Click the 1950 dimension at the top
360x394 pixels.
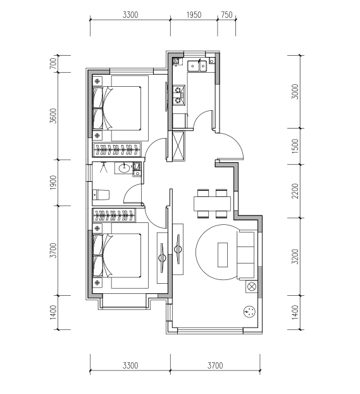tap(194, 15)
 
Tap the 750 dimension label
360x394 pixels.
tap(227, 15)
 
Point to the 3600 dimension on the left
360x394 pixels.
tap(53, 116)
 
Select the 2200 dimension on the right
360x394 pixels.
tap(295, 191)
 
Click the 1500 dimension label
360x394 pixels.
tap(295, 146)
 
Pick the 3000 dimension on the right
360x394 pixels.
tap(295, 91)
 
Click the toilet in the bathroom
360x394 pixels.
tap(101, 195)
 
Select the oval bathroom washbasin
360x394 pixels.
tap(124, 168)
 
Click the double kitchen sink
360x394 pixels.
tap(197, 66)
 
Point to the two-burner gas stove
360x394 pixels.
tap(179, 96)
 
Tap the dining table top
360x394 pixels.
tap(212, 204)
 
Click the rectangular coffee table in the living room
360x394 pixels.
tap(223, 255)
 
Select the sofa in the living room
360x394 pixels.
tap(247, 255)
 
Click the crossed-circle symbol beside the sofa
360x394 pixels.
tap(252, 287)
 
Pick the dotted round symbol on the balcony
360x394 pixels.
tap(250, 312)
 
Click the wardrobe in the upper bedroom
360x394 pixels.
tap(117, 149)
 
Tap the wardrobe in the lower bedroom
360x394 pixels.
tap(115, 215)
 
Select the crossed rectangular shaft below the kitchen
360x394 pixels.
tap(178, 146)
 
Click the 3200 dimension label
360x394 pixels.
tap(295, 257)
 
